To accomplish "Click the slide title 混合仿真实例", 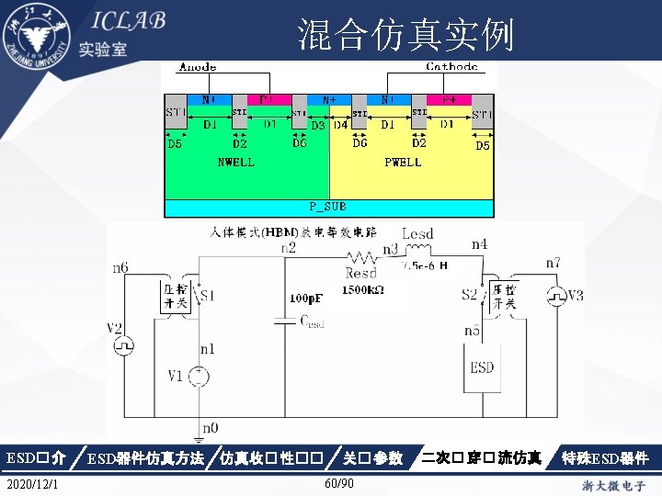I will [x=405, y=35].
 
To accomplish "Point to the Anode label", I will [x=199, y=66].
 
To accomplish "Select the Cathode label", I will [x=451, y=66].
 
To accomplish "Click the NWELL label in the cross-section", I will [x=235, y=163].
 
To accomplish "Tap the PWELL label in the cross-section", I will [x=403, y=163].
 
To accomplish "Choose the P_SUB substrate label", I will [x=328, y=207].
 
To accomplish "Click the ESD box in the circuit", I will [x=482, y=367].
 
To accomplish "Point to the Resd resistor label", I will [x=361, y=273].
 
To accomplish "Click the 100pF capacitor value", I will [x=305, y=299].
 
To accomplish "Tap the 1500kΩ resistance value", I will [x=363, y=289].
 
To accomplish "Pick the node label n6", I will [x=120, y=268].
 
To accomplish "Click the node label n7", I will [x=553, y=263].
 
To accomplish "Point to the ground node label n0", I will [x=211, y=427].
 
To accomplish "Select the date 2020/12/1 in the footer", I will [x=33, y=483].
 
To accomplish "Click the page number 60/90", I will [x=339, y=483].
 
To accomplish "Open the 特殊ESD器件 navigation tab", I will [x=606, y=457].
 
